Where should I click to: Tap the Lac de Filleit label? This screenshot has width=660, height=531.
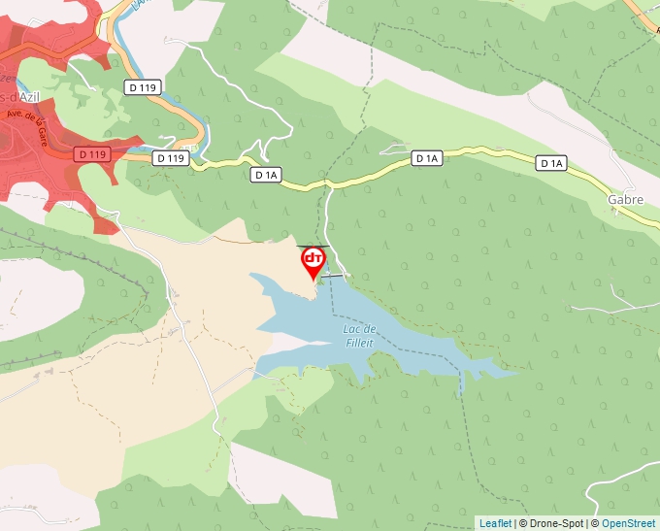pyautogui.click(x=359, y=335)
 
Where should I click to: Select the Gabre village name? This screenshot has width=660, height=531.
pyautogui.click(x=625, y=200)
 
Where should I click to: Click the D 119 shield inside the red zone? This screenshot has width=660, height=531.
pyautogui.click(x=91, y=153)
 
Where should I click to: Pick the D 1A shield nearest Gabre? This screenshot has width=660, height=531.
pyautogui.click(x=551, y=163)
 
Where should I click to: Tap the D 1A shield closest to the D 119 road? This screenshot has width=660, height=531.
pyautogui.click(x=266, y=175)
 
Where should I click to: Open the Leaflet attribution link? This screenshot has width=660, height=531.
pyautogui.click(x=495, y=523)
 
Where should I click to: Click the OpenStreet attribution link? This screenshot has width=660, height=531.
pyautogui.click(x=630, y=523)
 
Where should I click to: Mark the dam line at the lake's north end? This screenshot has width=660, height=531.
pyautogui.click(x=332, y=277)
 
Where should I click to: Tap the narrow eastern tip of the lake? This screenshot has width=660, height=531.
pyautogui.click(x=505, y=371)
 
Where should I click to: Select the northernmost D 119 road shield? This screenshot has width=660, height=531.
pyautogui.click(x=142, y=87)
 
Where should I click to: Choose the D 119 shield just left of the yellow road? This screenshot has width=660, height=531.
pyautogui.click(x=170, y=158)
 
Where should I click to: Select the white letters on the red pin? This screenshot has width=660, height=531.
pyautogui.click(x=313, y=258)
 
